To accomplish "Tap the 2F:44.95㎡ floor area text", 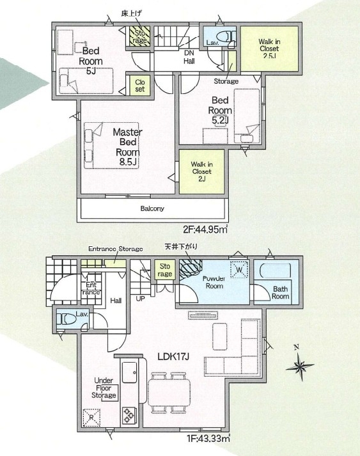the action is [205, 230].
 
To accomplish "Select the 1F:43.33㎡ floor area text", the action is [208, 438].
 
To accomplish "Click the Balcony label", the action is [152, 208].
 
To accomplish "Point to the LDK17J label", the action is [173, 356].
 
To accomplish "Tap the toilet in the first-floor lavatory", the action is [66, 319].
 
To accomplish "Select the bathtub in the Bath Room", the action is [275, 271].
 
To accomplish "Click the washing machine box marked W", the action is [239, 270].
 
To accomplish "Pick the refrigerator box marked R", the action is [91, 418].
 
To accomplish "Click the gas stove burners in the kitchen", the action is [129, 415].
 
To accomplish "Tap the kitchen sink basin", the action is [129, 372].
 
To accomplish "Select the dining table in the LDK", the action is [169, 393].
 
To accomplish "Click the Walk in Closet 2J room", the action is [202, 171].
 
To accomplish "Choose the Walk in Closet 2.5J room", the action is [270, 49].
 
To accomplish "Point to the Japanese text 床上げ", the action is [132, 13].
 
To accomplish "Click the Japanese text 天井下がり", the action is [181, 247].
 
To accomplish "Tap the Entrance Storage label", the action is [116, 249].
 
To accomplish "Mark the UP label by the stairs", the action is [140, 299].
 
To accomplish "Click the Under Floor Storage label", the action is [104, 388].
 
